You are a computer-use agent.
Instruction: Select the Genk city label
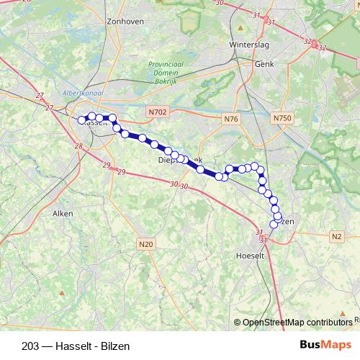click(x=265, y=63)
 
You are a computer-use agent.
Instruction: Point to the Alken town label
click(x=63, y=213)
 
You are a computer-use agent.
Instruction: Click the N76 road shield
click(x=230, y=118)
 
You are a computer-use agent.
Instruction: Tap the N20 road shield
click(x=145, y=244)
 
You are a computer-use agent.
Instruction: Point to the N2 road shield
click(x=337, y=236)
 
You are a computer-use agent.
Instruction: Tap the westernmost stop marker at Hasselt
click(x=82, y=120)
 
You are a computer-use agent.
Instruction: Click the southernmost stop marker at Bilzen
click(x=274, y=225)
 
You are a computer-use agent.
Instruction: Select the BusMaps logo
click(x=325, y=343)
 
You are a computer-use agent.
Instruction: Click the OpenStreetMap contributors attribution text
click(x=297, y=322)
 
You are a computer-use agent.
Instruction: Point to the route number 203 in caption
click(x=31, y=344)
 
